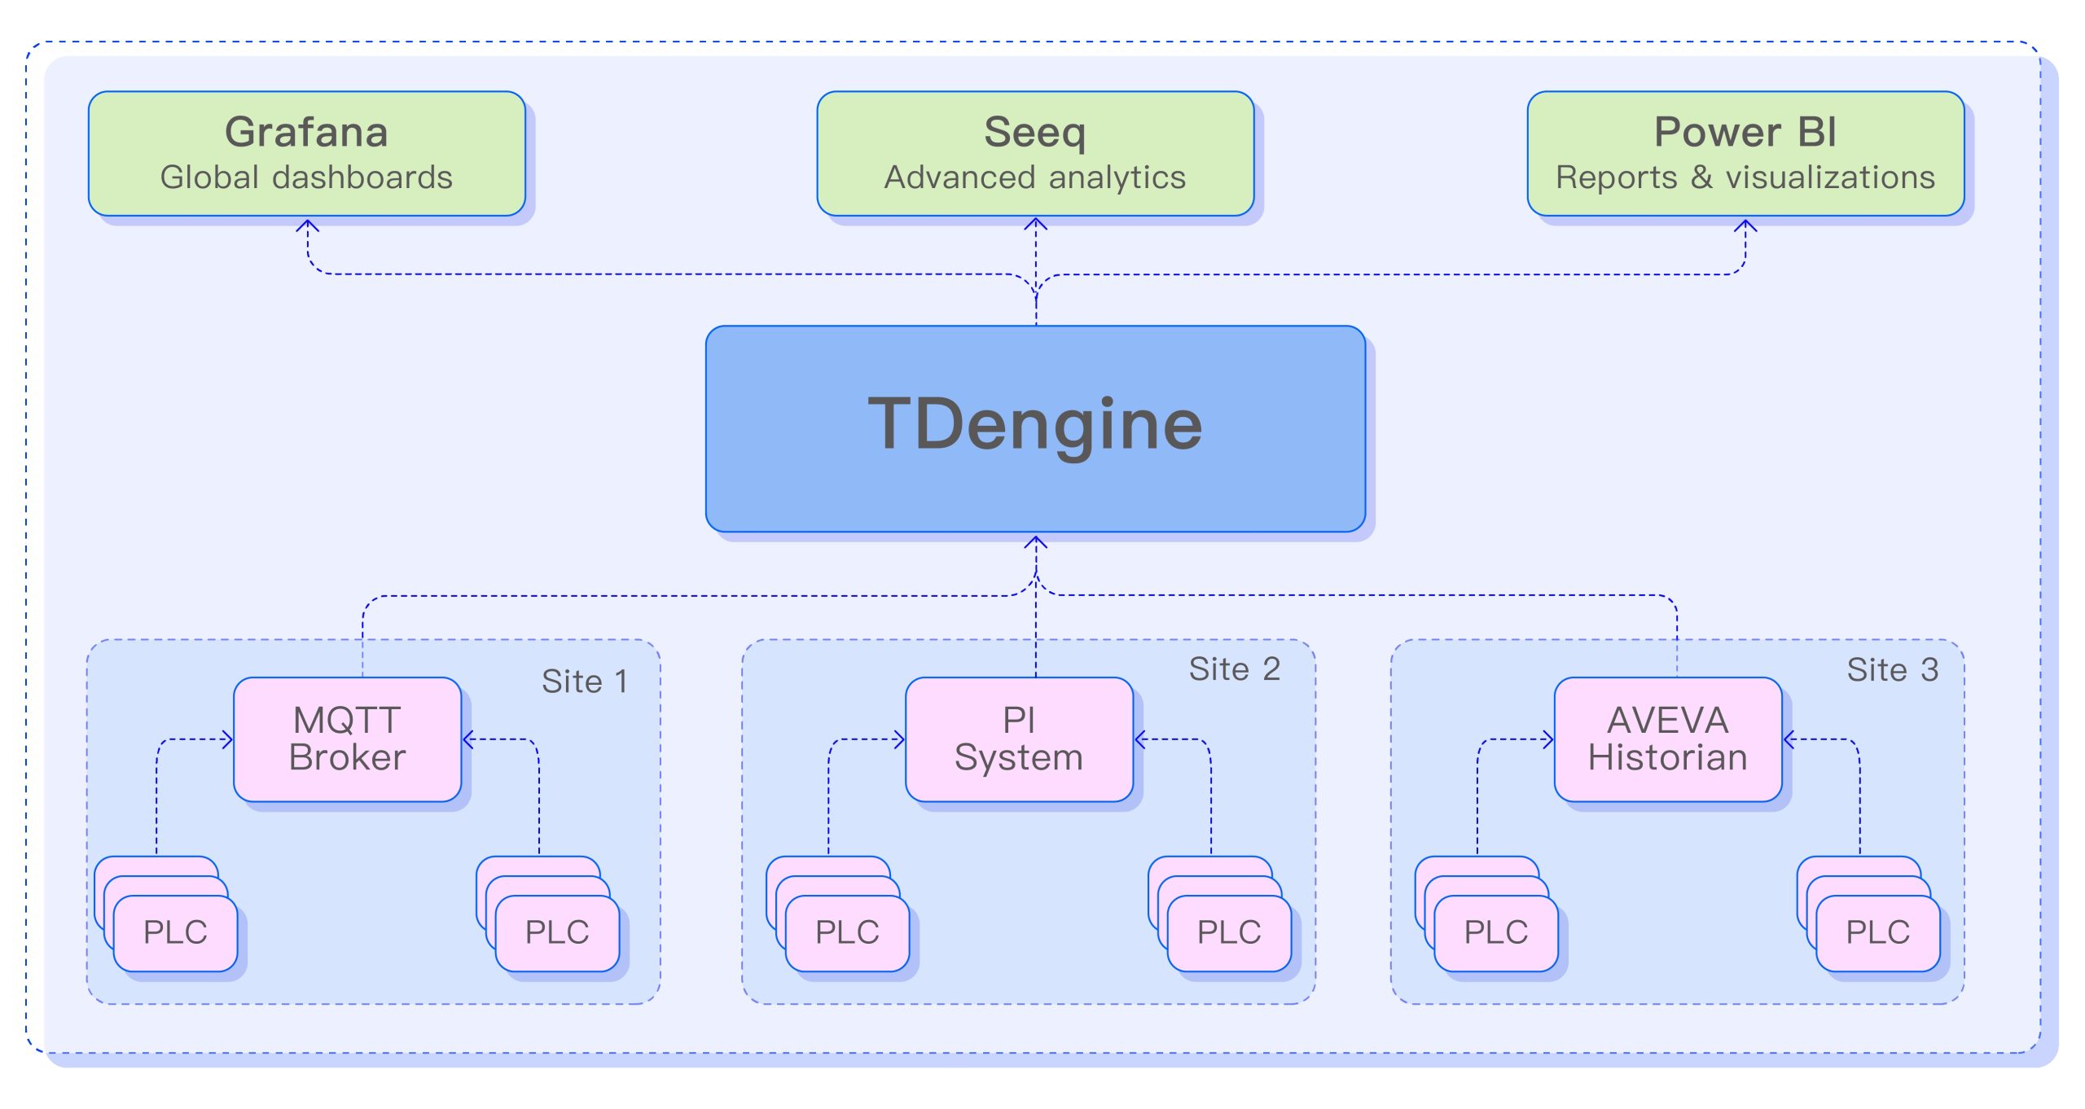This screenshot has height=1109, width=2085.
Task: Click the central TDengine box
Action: pos(1035,428)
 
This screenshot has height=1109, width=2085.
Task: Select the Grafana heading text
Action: pos(306,132)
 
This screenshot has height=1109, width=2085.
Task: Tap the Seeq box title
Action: pos(1034,132)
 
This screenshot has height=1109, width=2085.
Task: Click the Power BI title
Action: pos(1745,132)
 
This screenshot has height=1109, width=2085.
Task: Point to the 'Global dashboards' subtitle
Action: pos(306,178)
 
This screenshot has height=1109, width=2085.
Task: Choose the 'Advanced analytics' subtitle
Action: pos(1034,178)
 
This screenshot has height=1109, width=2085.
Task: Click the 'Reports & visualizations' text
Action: pos(1745,178)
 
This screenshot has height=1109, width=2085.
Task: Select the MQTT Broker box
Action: pos(347,739)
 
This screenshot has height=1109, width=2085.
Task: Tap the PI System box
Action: pos(1019,739)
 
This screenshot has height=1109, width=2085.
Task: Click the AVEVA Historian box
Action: pos(1667,739)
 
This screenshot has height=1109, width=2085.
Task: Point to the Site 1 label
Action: pos(585,682)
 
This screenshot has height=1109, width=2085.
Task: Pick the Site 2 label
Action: pos(1234,669)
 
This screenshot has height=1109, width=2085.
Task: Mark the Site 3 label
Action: pos(1892,670)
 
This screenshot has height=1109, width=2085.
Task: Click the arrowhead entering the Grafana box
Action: pos(307,224)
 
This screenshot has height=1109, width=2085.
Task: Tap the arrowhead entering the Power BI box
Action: pos(1745,224)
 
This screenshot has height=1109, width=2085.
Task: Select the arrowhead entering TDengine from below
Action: pos(1035,541)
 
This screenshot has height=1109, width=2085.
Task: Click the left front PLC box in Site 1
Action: pos(175,933)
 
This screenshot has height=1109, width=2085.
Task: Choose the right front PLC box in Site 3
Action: pos(1877,933)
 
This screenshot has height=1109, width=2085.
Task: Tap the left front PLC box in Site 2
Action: pos(847,933)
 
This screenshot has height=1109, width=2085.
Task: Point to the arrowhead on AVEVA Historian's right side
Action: pos(1789,739)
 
